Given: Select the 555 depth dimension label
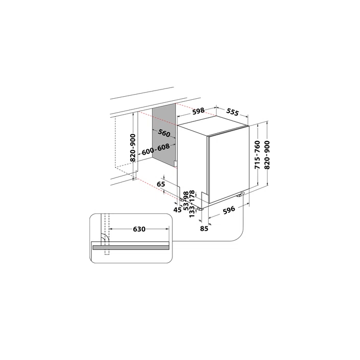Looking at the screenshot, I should click(x=233, y=113).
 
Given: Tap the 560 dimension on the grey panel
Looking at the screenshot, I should click(x=164, y=134).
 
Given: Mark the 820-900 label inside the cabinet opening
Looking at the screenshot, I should click(x=133, y=149).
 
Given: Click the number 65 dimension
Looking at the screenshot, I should click(x=161, y=184).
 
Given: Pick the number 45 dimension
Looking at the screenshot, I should click(x=177, y=209).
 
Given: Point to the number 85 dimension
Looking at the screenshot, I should click(x=204, y=228).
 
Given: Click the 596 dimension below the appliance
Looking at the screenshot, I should click(x=229, y=209).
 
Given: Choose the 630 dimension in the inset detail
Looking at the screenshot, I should click(x=138, y=228).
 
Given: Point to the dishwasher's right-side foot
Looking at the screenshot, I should click(x=241, y=194).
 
